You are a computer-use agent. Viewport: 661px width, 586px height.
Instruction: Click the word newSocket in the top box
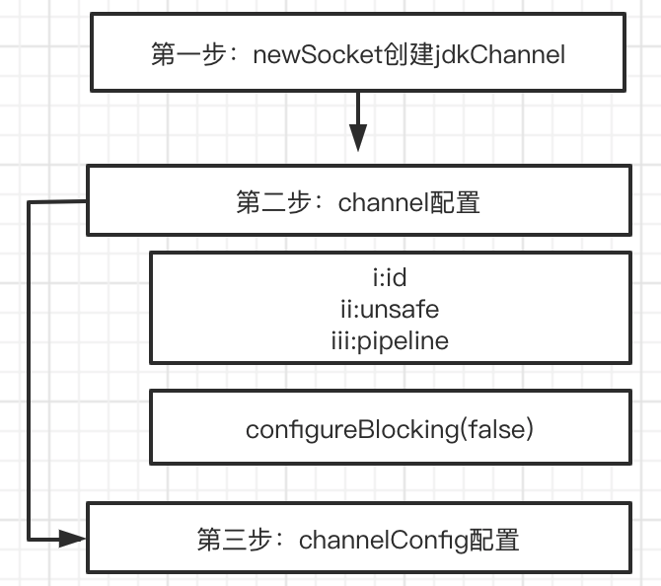point(319,55)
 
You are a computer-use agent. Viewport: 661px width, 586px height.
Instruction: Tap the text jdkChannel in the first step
point(499,55)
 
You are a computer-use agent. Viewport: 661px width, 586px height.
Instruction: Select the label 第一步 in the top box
point(188,54)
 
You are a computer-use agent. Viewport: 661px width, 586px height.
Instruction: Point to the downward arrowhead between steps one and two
point(358,137)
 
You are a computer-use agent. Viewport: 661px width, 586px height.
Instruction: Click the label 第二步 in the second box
point(273,202)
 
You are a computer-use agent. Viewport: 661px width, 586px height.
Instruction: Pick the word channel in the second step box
point(383,202)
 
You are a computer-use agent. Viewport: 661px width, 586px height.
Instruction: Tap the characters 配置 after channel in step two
point(455,202)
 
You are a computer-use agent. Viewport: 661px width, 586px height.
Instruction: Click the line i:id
point(390,277)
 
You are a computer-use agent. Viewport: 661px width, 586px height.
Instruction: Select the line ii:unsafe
point(390,309)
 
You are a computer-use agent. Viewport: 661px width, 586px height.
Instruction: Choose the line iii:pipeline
point(390,340)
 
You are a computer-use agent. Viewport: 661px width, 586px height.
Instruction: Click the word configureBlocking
point(352,429)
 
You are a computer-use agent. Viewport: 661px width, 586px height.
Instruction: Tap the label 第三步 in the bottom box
point(234,540)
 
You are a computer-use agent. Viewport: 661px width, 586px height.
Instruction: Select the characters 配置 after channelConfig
point(493,540)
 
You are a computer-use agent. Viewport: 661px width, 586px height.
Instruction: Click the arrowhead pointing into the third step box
point(72,539)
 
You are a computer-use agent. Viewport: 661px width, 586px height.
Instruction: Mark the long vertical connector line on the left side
point(29,371)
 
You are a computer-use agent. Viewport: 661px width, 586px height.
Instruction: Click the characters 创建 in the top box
point(408,54)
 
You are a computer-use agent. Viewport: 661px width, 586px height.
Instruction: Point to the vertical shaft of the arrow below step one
point(358,109)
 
